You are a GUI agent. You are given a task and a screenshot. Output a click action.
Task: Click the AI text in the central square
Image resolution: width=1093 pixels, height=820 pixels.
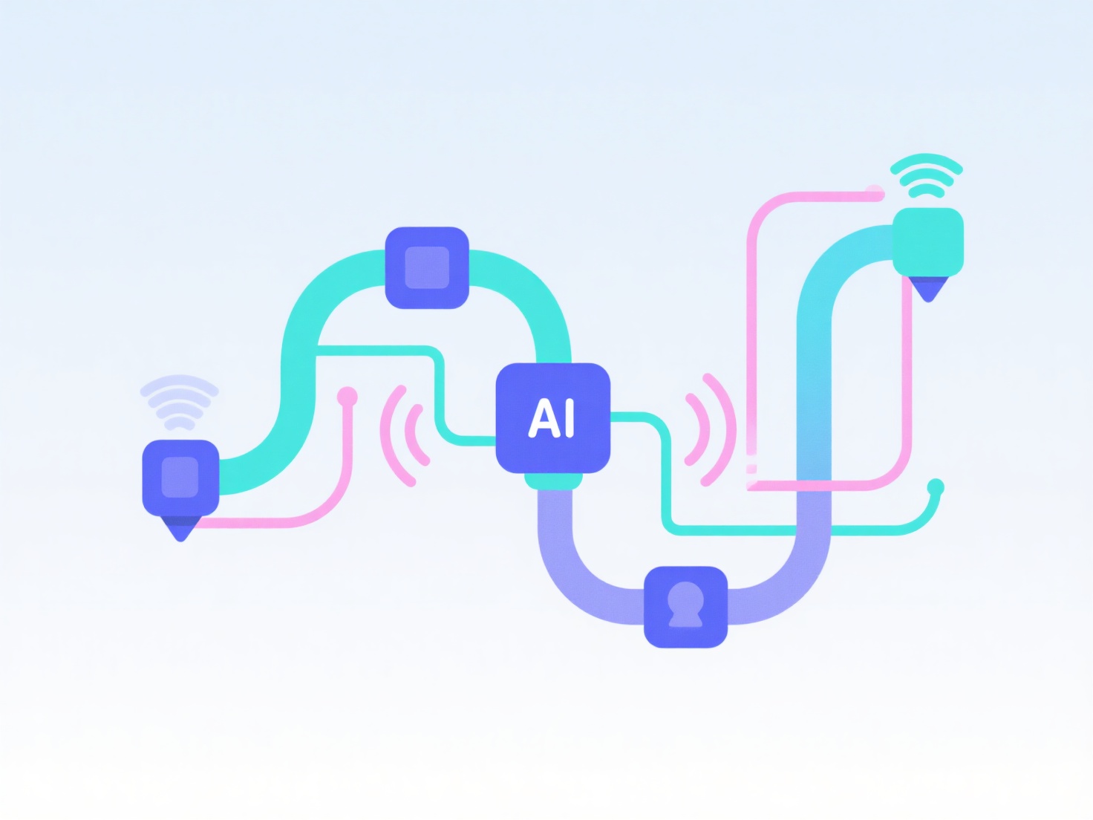point(552,418)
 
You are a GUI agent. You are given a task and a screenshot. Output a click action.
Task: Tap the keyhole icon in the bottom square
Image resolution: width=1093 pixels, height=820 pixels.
point(685,605)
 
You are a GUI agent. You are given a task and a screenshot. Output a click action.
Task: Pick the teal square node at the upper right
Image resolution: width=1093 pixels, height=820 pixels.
point(927,241)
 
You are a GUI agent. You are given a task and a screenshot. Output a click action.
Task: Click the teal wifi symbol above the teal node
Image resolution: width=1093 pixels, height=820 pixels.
point(927,175)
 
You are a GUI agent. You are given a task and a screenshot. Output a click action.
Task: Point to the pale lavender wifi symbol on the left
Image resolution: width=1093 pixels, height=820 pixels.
point(179,402)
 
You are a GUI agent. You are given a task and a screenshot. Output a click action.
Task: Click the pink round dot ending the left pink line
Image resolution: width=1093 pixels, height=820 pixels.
point(347,397)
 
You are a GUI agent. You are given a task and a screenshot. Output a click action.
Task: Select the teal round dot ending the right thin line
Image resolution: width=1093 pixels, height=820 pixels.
point(936,487)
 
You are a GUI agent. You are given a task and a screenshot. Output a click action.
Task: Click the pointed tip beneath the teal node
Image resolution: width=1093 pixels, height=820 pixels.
point(928,289)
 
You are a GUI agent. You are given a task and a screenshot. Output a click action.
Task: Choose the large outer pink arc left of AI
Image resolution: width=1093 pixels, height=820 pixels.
point(391,437)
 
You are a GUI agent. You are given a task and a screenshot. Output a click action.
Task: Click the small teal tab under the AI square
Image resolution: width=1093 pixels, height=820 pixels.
point(553,481)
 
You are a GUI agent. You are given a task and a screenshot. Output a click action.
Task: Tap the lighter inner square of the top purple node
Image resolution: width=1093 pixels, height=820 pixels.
point(427,267)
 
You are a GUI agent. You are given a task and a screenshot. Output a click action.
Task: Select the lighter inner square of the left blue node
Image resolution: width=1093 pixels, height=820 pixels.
point(180,477)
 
